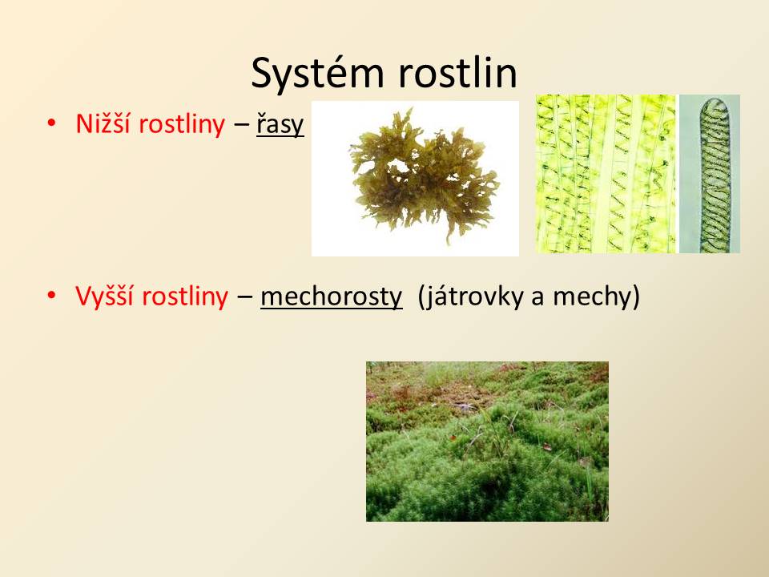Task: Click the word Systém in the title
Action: pyautogui.click(x=317, y=73)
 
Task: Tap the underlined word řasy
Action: pyautogui.click(x=280, y=125)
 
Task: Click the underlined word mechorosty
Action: pyautogui.click(x=331, y=297)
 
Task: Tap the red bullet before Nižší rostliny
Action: pyautogui.click(x=51, y=123)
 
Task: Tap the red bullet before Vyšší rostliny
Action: pyautogui.click(x=51, y=296)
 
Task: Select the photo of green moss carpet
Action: pyautogui.click(x=487, y=441)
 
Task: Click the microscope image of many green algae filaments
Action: pyautogui.click(x=606, y=174)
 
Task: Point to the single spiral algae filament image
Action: pyautogui.click(x=709, y=174)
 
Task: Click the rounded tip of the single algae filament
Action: pyautogui.click(x=714, y=101)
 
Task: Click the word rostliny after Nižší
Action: pyautogui.click(x=182, y=123)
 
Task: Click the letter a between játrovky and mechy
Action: pyautogui.click(x=538, y=299)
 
